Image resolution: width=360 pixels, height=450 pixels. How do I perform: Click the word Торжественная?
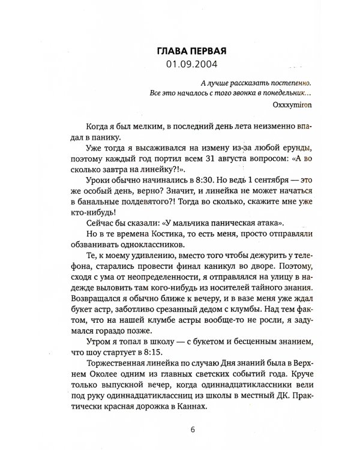(x=110, y=364)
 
